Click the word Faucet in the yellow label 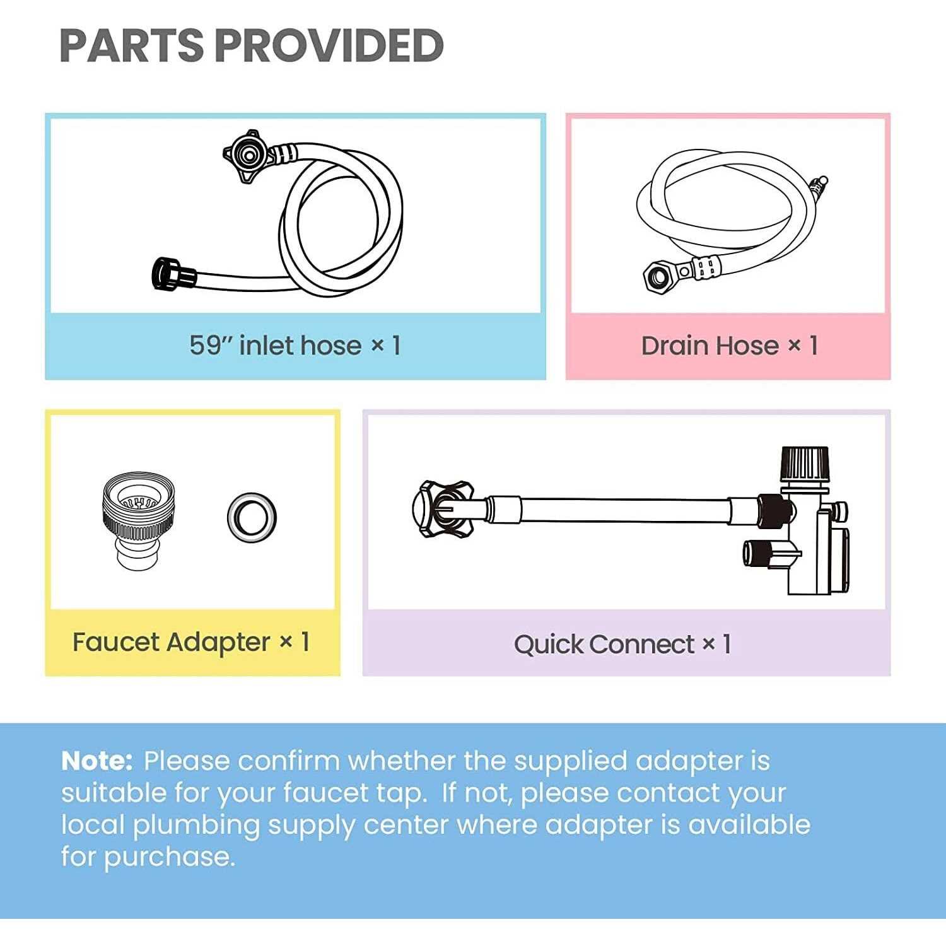[x=115, y=642]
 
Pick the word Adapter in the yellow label [x=218, y=643]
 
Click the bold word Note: [x=96, y=761]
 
